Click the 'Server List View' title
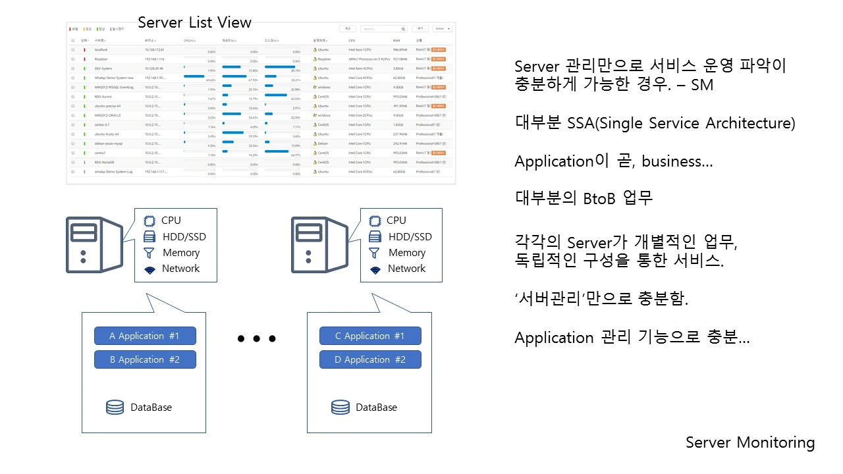coord(194,22)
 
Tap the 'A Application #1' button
coord(145,336)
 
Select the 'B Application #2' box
coord(145,359)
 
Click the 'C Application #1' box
coord(370,336)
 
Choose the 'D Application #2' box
coord(370,359)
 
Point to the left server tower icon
coord(94,245)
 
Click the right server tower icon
coord(319,245)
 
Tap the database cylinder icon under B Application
coord(115,407)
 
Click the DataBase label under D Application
coord(377,407)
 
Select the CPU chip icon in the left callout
coord(150,221)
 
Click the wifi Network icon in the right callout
coord(375,269)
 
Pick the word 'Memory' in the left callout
coord(181,253)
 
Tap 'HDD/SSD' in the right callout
coord(410,237)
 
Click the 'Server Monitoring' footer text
coord(750,442)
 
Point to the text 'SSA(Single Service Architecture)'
coord(681,123)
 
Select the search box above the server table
coord(384,29)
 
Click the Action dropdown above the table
coord(442,29)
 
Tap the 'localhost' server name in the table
coord(101,49)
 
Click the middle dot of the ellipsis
coord(256,339)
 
